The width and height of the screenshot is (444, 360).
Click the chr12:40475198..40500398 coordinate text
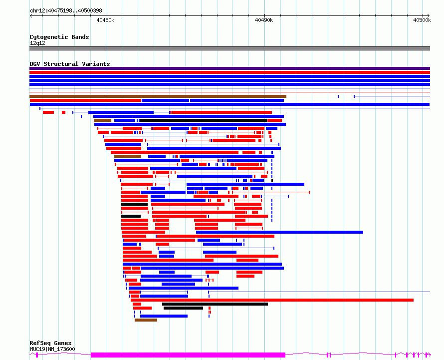pyautogui.click(x=66, y=11)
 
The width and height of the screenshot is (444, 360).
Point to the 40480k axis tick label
pyautogui.click(x=105, y=20)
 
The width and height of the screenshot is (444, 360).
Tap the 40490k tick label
pyautogui.click(x=264, y=20)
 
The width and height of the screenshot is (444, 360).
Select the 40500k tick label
pyautogui.click(x=422, y=20)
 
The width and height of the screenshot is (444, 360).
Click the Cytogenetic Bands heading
pyautogui.click(x=59, y=37)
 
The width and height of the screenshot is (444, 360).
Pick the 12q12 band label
pyautogui.click(x=37, y=43)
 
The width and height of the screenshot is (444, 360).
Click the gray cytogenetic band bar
pyautogui.click(x=229, y=48)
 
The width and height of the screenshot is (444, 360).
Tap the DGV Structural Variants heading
pyautogui.click(x=70, y=64)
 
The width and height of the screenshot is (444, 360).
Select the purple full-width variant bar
pyautogui.click(x=229, y=68)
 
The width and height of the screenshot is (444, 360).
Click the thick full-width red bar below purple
pyautogui.click(x=229, y=72)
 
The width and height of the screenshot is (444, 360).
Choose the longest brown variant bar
pyautogui.click(x=158, y=96)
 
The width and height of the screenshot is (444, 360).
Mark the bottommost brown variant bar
pyautogui.click(x=146, y=320)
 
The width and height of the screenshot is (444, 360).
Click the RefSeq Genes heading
pyautogui.click(x=50, y=343)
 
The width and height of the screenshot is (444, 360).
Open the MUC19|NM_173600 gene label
pyautogui.click(x=52, y=349)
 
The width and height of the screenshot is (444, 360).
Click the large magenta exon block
pyautogui.click(x=188, y=355)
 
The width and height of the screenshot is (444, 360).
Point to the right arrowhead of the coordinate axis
pyautogui.click(x=429, y=16)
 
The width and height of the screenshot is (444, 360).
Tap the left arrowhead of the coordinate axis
pyautogui.click(x=31, y=16)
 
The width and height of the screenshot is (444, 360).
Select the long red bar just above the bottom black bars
pyautogui.click(x=272, y=300)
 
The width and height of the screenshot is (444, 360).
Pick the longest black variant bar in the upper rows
pyautogui.click(x=204, y=120)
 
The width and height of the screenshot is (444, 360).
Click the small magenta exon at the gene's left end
pyautogui.click(x=37, y=355)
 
